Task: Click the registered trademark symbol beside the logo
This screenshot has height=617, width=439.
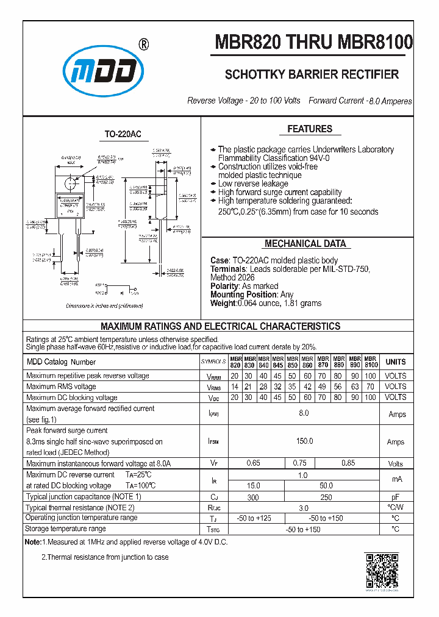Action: tap(143, 45)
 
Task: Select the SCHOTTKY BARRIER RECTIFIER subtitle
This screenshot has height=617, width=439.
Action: tap(312, 74)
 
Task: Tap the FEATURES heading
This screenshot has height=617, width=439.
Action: tap(310, 129)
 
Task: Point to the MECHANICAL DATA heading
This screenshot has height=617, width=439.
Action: tap(305, 244)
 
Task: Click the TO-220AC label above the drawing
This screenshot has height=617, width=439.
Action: tap(123, 134)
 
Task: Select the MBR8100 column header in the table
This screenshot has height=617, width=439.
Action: tap(371, 362)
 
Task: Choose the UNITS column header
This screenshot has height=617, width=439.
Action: tap(395, 362)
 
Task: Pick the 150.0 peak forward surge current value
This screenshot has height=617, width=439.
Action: tap(304, 441)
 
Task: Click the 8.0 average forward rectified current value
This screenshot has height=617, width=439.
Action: tap(304, 414)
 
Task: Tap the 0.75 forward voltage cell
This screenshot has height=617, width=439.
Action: tap(300, 463)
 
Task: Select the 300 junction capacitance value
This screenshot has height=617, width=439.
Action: tap(253, 497)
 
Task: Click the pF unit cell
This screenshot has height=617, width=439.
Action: tap(395, 497)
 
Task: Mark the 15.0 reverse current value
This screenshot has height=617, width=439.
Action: tap(253, 485)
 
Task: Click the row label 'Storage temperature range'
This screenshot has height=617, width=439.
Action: tap(66, 529)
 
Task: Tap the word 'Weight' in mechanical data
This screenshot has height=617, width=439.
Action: tap(223, 303)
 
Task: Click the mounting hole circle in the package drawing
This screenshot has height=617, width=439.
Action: tap(72, 182)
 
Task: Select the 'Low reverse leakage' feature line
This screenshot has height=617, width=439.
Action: tap(254, 184)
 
